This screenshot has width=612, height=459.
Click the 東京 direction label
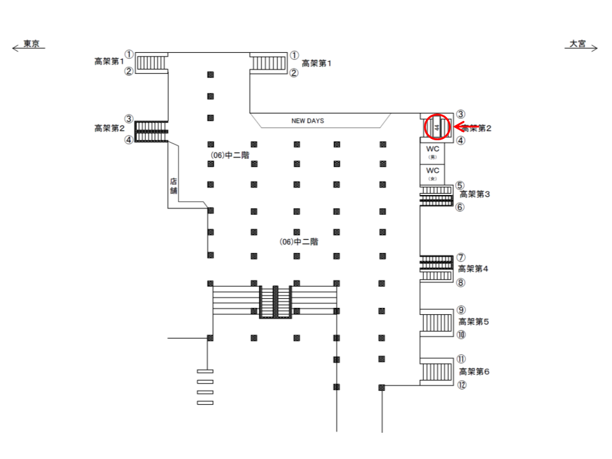point(32,43)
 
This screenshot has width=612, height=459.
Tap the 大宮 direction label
point(578,43)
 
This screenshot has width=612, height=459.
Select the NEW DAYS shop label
point(309,120)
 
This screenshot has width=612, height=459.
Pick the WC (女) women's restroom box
point(433,173)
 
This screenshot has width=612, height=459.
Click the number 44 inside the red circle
point(437,127)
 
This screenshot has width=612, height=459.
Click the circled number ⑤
point(460,186)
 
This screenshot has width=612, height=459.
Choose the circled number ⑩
point(461,335)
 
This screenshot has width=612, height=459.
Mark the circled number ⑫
point(461,384)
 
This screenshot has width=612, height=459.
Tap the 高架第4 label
point(473,269)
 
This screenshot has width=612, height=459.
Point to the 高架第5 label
point(474,322)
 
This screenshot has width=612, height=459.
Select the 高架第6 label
point(474,371)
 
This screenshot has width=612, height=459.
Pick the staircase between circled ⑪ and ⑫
point(436,372)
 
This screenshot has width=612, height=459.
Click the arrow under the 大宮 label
point(581,49)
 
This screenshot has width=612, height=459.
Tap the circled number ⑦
point(460,258)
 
